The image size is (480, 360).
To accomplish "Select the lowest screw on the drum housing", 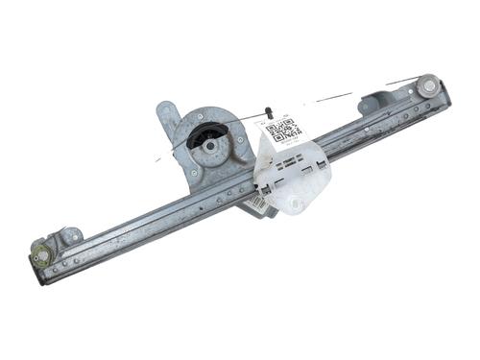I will [195, 173].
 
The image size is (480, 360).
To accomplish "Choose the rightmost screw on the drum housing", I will [239, 138].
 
